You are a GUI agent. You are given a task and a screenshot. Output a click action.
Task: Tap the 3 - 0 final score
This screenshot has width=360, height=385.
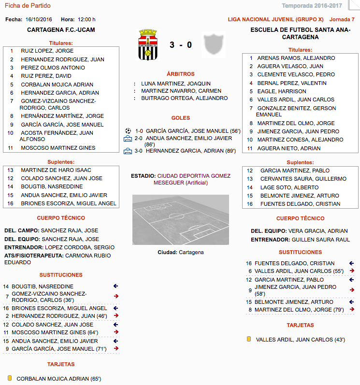181,45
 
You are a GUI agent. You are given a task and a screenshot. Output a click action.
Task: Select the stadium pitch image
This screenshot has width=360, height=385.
181,220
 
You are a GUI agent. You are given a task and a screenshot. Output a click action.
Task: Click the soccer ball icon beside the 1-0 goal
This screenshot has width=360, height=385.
128,130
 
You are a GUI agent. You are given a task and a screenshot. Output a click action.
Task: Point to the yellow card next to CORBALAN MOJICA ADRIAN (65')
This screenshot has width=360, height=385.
9,378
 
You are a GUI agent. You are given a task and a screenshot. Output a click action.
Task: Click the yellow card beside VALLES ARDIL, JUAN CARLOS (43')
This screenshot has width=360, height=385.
248,339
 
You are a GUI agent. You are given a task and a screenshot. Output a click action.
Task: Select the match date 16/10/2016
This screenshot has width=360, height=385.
38,20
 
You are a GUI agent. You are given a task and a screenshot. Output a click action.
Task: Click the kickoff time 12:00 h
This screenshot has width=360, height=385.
86,20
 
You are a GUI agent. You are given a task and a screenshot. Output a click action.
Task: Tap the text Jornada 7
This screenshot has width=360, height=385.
342,20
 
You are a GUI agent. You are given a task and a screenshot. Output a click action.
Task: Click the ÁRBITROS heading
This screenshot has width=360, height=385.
180,74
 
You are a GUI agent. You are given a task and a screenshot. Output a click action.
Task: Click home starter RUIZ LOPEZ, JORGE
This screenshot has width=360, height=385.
47,51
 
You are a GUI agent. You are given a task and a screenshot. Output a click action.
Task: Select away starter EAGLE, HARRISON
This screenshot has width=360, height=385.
282,91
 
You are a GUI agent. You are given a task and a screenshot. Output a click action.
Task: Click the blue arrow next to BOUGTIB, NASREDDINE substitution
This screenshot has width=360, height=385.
115,286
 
